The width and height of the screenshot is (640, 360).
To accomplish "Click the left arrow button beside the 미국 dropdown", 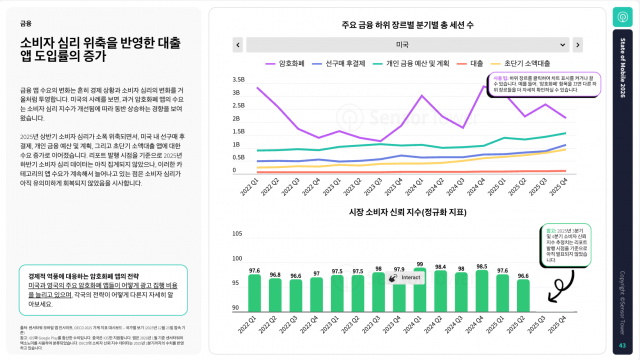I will point(238,45).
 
